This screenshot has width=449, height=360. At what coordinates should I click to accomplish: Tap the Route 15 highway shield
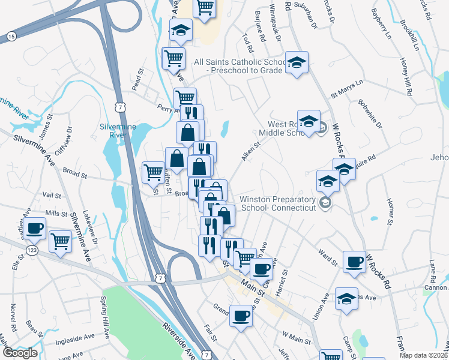click(x=11, y=37)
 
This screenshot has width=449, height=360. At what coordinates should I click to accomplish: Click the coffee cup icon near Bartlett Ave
click(x=35, y=228)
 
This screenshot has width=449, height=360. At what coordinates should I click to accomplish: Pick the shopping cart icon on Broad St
click(x=153, y=172)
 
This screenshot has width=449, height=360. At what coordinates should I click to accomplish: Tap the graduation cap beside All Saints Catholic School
click(x=296, y=62)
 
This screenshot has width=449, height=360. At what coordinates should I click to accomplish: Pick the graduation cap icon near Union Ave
click(x=346, y=298)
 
